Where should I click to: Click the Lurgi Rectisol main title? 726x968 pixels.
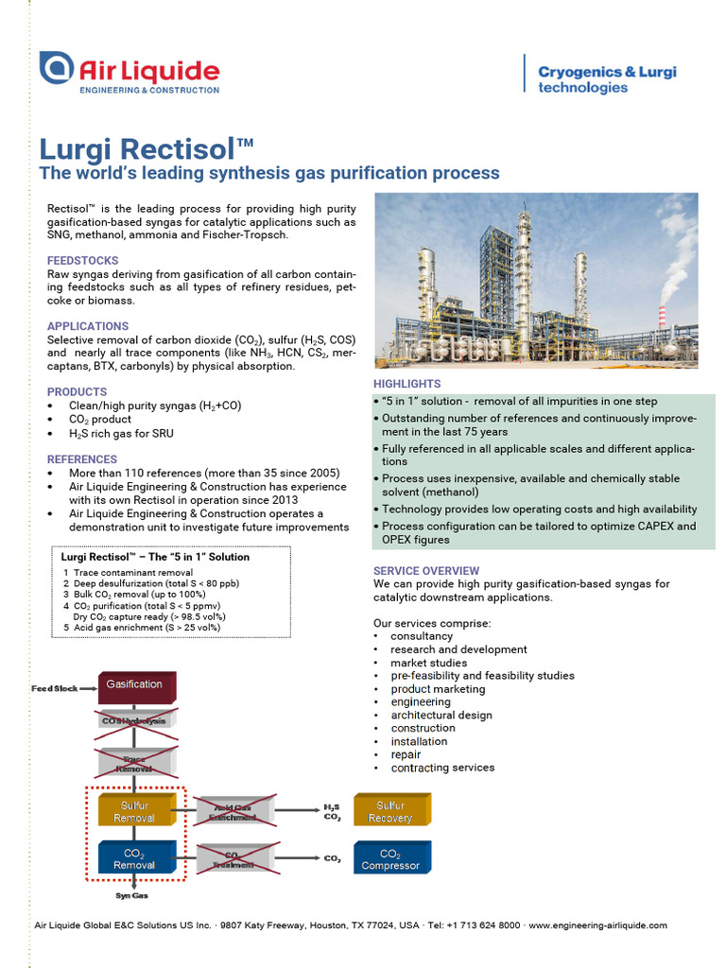(147, 150)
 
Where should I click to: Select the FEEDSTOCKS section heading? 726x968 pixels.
(83, 260)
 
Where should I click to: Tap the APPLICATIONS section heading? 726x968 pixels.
(88, 326)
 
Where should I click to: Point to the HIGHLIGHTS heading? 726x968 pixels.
(406, 384)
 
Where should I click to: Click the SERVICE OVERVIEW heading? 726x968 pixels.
(426, 571)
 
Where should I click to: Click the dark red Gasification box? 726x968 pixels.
(134, 684)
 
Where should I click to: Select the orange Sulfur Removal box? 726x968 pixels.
(134, 811)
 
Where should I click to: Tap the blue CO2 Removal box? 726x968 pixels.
(134, 858)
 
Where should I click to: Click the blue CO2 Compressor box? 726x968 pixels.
(390, 858)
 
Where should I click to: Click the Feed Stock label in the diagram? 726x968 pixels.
(55, 688)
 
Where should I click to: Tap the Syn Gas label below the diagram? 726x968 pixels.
(131, 895)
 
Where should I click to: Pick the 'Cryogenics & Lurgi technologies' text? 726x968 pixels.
(607, 79)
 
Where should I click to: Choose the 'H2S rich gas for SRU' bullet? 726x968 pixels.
(121, 433)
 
